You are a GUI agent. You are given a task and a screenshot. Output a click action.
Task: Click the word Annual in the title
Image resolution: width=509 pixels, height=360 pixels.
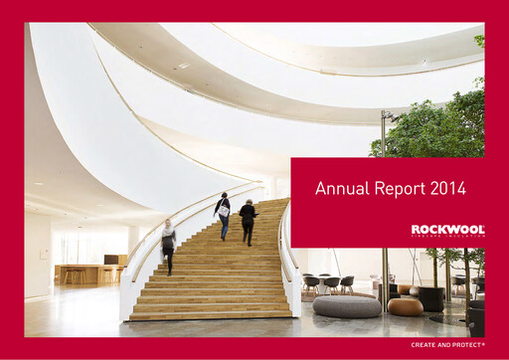tap(339, 187)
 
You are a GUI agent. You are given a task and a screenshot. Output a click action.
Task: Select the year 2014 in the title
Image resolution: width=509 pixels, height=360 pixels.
tap(447, 187)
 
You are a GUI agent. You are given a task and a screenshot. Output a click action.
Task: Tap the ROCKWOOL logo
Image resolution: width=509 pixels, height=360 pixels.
tap(447, 230)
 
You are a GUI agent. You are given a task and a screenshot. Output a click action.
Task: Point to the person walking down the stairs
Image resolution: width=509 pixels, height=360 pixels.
tap(169, 245)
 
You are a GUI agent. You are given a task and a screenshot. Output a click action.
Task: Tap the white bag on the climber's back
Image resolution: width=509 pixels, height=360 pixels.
tap(224, 211)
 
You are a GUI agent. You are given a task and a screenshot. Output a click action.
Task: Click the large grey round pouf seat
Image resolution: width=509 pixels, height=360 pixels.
tap(345, 305)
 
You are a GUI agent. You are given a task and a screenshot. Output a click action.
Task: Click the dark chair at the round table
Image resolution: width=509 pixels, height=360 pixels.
tap(329, 285)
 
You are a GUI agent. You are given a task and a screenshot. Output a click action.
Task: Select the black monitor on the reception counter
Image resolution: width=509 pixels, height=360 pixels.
tap(110, 260)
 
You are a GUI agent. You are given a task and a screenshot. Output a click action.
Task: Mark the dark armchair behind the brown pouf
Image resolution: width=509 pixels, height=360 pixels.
tap(430, 296)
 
